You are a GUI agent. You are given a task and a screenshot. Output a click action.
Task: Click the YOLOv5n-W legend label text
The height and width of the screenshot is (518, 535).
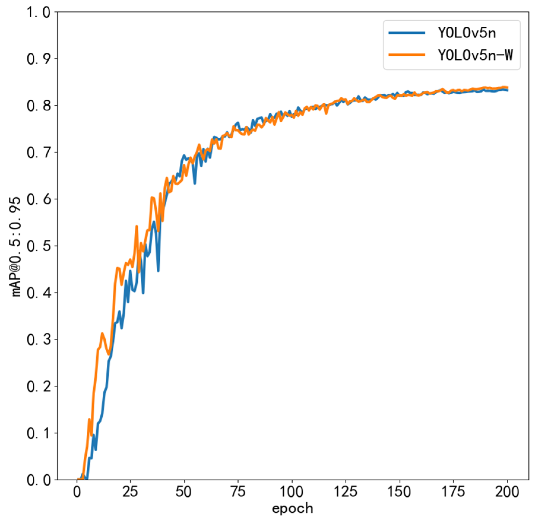coord(475,55)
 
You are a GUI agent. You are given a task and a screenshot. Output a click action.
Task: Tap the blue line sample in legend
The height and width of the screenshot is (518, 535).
coord(407,33)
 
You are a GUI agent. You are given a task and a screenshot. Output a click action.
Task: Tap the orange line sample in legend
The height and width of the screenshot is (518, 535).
coord(407,55)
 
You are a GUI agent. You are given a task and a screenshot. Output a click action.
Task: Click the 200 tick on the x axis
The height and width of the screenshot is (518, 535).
coord(507,492)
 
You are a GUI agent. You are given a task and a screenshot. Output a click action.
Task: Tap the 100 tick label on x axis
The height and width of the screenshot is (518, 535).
coord(292,492)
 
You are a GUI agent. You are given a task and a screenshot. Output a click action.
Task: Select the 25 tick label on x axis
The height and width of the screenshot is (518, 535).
coord(131,492)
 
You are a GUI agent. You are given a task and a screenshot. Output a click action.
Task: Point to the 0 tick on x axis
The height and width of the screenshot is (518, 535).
coord(77,492)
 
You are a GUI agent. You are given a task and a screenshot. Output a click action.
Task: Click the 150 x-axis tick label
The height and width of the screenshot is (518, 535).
coord(399,492)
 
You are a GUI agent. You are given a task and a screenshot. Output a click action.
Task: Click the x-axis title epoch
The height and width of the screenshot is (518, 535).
coord(292,509)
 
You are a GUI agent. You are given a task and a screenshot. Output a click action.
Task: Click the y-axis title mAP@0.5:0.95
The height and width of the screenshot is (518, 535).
coord(16,246)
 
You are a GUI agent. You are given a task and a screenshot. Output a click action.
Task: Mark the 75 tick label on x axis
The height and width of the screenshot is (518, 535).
coord(238,492)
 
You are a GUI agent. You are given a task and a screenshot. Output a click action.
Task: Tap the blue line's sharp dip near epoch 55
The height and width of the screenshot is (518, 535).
coord(195,183)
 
